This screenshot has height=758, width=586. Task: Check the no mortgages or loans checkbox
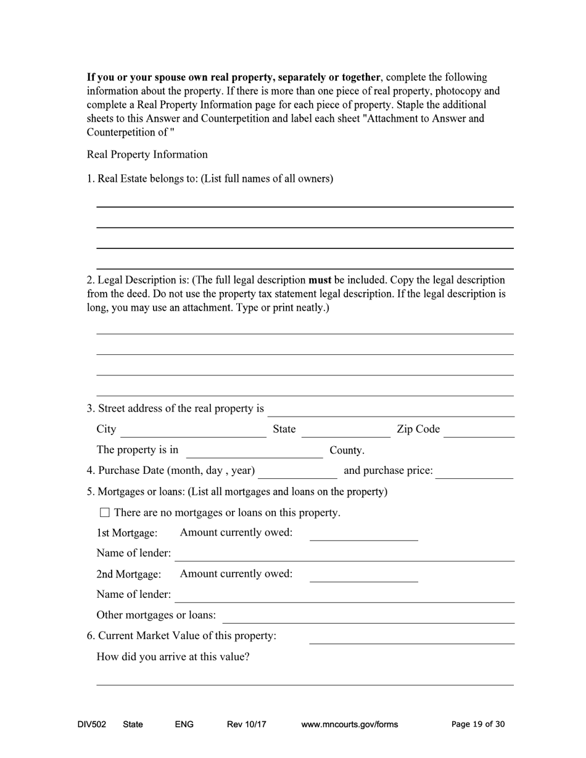[x=104, y=512]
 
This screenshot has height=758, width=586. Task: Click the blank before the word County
[x=254, y=454]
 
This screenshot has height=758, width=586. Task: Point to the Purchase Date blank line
[x=298, y=475]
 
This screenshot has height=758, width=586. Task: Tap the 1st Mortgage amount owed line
[x=363, y=537]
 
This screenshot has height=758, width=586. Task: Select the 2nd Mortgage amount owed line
[x=363, y=578]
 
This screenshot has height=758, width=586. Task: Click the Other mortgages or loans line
[x=368, y=619]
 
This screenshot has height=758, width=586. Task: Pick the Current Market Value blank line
[x=411, y=640]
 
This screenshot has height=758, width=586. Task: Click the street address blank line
[x=390, y=412]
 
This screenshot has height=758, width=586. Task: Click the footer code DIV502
[x=91, y=724]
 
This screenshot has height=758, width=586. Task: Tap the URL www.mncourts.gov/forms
[x=349, y=724]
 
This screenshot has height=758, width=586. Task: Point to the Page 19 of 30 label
[x=478, y=724]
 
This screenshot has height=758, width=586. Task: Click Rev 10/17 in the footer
[x=246, y=724]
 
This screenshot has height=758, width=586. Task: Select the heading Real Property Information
[x=147, y=154]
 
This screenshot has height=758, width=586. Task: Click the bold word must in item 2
[x=320, y=280]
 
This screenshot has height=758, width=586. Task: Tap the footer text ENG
[x=184, y=724]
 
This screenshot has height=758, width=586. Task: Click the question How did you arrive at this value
[x=173, y=656]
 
